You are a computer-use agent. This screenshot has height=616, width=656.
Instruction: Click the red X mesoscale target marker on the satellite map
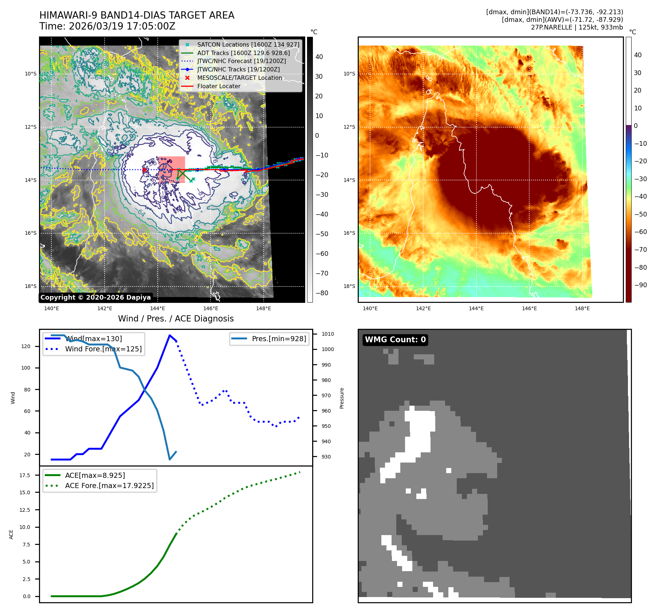(x=144, y=170)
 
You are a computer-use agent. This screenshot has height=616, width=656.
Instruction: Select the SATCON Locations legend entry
(x=248, y=44)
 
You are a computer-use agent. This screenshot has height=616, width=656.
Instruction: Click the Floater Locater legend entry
(x=219, y=86)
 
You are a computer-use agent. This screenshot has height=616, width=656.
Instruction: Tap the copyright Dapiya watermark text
(x=95, y=297)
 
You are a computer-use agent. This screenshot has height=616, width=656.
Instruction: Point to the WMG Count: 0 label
(x=395, y=340)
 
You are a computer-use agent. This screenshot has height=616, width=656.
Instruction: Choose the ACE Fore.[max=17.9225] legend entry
(x=109, y=486)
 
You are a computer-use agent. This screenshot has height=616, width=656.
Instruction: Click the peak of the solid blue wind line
(x=170, y=335)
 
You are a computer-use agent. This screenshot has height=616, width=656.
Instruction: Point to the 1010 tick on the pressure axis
(x=327, y=334)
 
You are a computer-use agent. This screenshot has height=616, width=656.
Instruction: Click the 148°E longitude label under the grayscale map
(x=263, y=308)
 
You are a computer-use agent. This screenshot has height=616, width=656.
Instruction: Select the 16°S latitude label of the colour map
(x=349, y=233)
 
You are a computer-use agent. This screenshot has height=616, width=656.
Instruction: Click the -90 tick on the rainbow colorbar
(x=640, y=285)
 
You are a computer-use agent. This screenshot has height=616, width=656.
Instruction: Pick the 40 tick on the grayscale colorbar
(x=319, y=57)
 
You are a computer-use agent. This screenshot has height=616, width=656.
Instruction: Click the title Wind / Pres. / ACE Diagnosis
(x=176, y=319)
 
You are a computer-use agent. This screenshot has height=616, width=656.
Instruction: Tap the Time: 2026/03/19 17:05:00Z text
(x=107, y=26)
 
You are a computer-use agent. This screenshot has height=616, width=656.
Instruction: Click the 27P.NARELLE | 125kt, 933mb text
(x=577, y=27)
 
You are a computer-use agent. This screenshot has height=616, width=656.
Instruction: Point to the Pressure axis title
(x=342, y=398)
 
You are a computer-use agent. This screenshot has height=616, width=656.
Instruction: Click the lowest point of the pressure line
(x=170, y=459)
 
